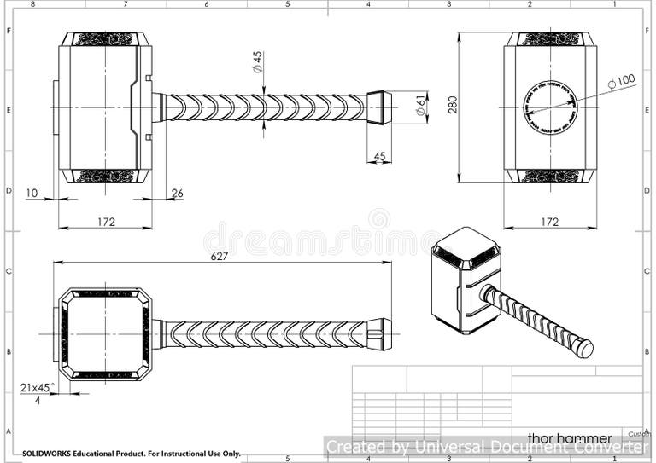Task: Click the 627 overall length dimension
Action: (220, 256)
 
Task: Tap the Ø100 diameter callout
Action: (621, 81)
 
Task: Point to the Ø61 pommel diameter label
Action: (420, 107)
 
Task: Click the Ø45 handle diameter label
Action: (257, 61)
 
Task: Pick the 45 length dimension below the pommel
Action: (379, 156)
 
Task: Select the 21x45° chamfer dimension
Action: (38, 387)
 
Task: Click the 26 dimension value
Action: (177, 194)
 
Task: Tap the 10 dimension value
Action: (32, 194)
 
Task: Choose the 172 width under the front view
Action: (106, 222)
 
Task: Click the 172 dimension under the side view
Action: (550, 222)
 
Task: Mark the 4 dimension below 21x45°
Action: (37, 400)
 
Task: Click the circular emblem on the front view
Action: (549, 107)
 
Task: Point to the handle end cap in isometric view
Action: (583, 348)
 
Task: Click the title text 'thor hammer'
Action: (569, 437)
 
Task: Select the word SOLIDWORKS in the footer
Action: (47, 454)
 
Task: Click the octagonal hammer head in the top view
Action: (105, 333)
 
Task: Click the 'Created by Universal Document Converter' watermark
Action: (487, 447)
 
